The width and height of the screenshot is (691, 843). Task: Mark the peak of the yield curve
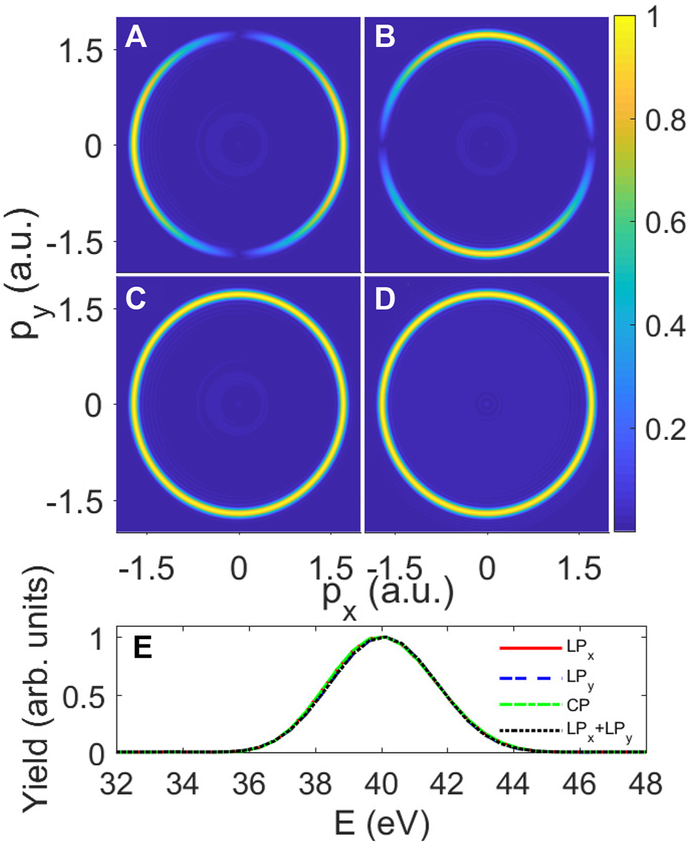click(x=382, y=637)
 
